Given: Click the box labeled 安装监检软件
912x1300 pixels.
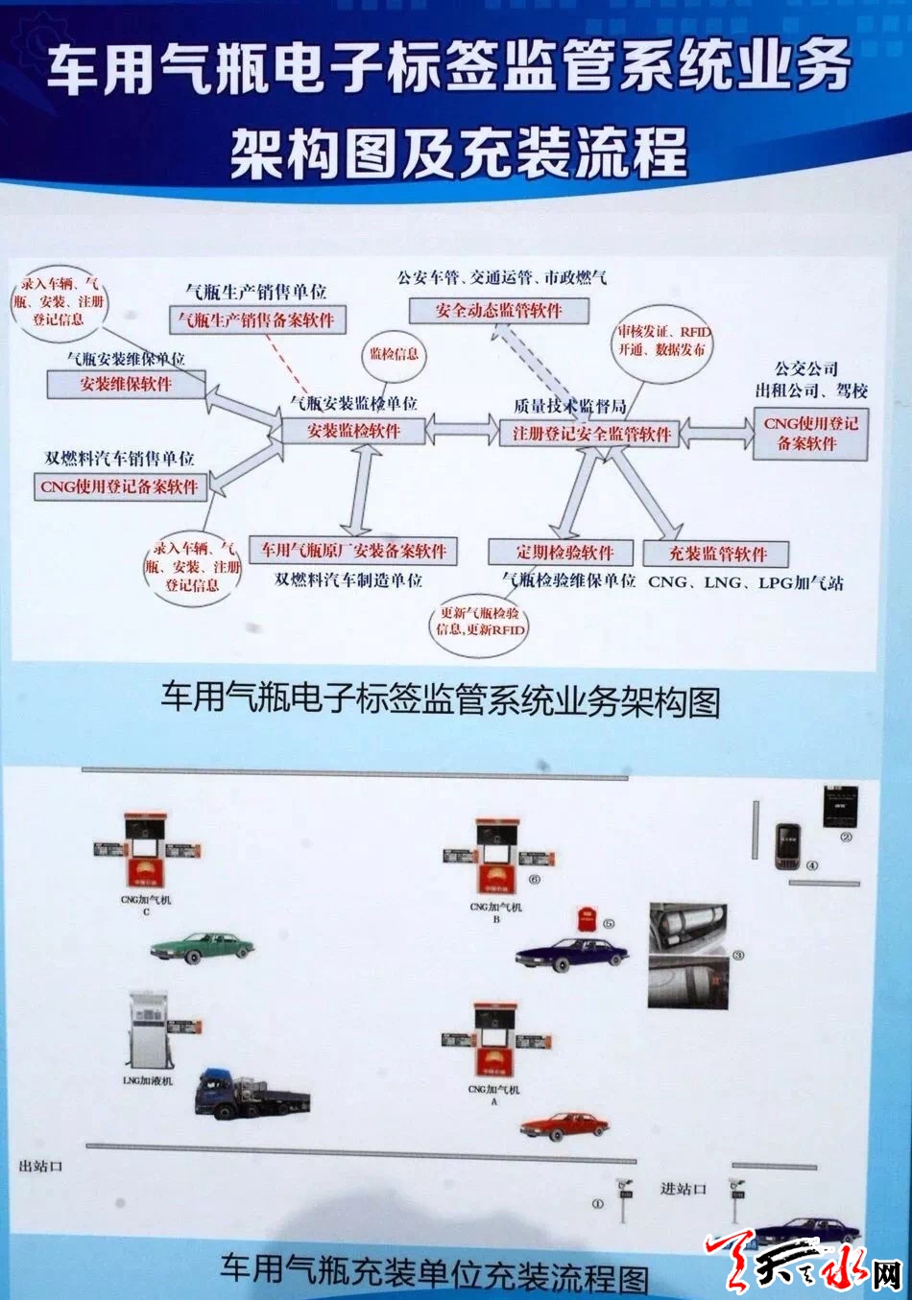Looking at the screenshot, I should pyautogui.click(x=353, y=431).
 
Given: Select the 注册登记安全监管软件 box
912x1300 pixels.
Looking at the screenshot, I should pyautogui.click(x=591, y=434).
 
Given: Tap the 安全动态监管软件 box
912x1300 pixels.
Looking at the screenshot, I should pyautogui.click(x=498, y=311).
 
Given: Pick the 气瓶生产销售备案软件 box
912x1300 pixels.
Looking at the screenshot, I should pyautogui.click(x=256, y=320).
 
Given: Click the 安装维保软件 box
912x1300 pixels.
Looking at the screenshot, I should pyautogui.click(x=126, y=384).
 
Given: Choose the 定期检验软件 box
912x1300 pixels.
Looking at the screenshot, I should pyautogui.click(x=564, y=553).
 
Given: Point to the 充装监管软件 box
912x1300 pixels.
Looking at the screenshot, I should pyautogui.click(x=717, y=554).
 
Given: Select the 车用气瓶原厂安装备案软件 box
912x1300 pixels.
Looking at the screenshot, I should pyautogui.click(x=353, y=551).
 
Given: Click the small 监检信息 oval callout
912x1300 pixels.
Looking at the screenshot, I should pyautogui.click(x=394, y=353).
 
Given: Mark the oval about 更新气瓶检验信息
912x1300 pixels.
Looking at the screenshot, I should pyautogui.click(x=480, y=621).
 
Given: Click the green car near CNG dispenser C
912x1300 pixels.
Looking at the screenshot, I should pyautogui.click(x=202, y=947).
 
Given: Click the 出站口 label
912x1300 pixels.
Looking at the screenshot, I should pyautogui.click(x=40, y=1166).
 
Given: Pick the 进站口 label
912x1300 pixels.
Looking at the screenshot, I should pyautogui.click(x=683, y=1189).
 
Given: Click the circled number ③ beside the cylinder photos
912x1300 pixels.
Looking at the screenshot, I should pyautogui.click(x=737, y=955).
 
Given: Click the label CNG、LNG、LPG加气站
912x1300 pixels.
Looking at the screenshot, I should pyautogui.click(x=745, y=582).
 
